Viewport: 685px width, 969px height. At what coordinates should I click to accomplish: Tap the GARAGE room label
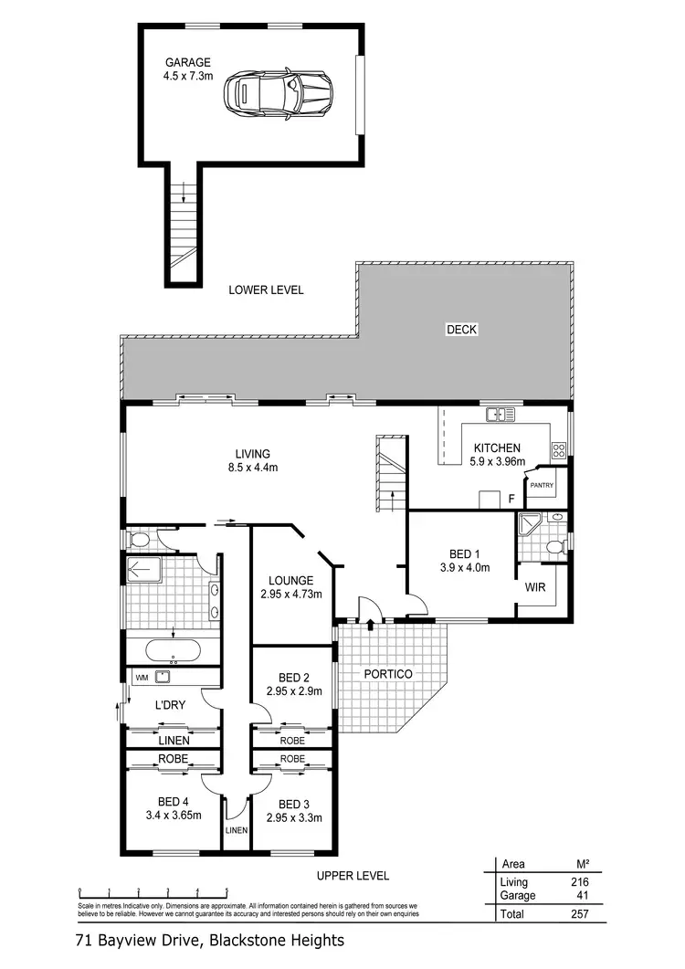click(188, 62)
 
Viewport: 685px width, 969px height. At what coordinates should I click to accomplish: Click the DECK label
click(462, 330)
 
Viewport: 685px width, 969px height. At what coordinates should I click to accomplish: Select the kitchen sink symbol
click(500, 415)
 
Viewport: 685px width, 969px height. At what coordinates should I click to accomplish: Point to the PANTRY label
click(543, 485)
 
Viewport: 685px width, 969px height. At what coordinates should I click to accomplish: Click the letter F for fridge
click(511, 499)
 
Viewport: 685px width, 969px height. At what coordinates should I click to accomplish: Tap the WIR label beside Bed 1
click(535, 588)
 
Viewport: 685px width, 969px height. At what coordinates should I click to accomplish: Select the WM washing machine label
click(142, 678)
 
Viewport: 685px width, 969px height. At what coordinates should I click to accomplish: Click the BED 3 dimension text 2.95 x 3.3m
click(294, 817)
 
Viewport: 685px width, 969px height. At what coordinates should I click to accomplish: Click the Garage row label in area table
click(518, 896)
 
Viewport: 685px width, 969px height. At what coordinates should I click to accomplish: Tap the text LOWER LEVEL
click(266, 290)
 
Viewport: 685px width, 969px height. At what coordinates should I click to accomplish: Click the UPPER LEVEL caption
click(353, 875)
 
